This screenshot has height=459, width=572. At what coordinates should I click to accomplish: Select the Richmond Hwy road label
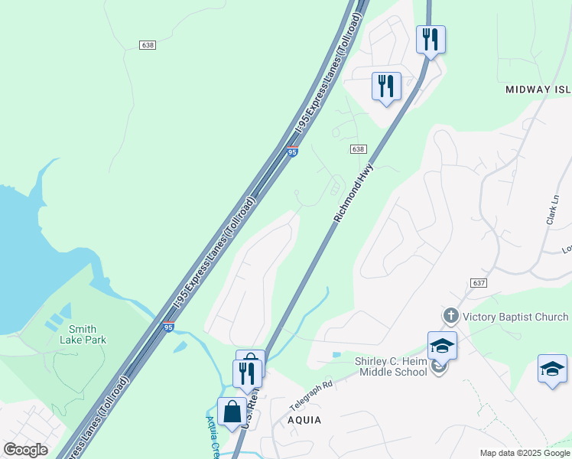[x=353, y=193]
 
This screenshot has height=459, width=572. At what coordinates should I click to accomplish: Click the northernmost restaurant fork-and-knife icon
[x=431, y=38]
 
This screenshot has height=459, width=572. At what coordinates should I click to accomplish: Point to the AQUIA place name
[x=304, y=420]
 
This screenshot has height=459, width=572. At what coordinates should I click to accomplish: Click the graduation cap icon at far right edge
[x=552, y=369]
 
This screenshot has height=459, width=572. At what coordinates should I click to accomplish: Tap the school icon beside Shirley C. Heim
[x=442, y=346]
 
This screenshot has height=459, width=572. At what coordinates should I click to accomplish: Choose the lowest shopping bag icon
[x=231, y=412]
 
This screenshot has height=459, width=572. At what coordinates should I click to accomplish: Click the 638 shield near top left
[x=148, y=45]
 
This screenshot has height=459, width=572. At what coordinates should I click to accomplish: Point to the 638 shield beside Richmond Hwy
[x=359, y=148]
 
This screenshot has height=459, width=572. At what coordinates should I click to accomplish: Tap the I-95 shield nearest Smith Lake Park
[x=168, y=327]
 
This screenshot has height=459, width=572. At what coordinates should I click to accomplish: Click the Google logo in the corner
[x=25, y=450]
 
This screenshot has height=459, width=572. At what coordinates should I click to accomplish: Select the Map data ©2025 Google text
[x=525, y=453]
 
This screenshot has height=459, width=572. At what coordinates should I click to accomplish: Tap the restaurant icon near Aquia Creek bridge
[x=246, y=373]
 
